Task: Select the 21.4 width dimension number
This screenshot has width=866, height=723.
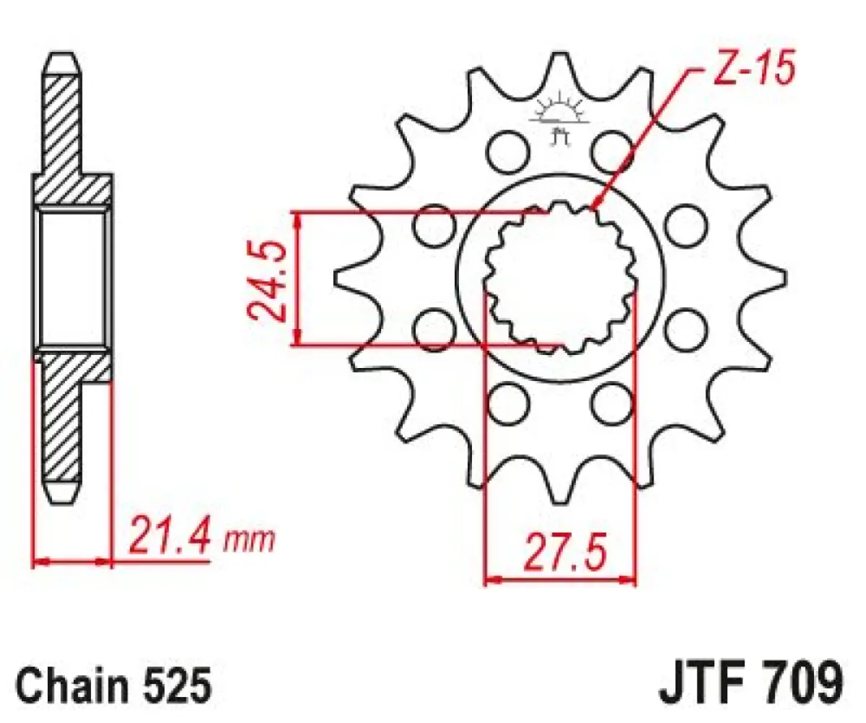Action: click(171, 536)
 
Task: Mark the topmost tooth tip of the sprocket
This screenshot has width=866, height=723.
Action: click(558, 58)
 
